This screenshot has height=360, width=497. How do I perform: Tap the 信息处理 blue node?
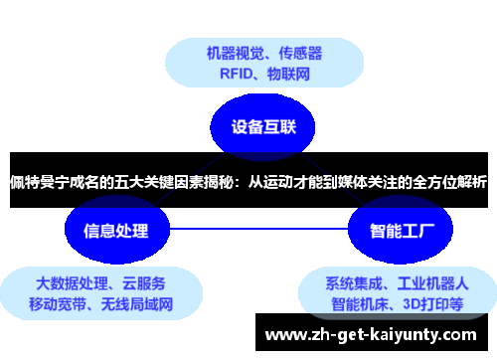click(x=106, y=231)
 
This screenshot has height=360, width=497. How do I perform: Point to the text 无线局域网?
click(x=136, y=303)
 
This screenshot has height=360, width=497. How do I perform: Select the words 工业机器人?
click(x=431, y=281)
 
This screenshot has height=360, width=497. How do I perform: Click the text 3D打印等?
click(x=431, y=303)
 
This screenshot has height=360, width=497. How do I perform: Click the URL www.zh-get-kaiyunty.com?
click(x=372, y=334)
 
